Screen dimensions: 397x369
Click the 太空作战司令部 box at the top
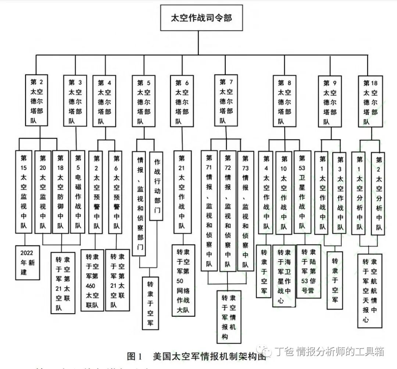click(x=201, y=18)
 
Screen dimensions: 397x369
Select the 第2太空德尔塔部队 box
click(x=36, y=100)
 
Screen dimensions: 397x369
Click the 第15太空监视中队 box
click(x=24, y=191)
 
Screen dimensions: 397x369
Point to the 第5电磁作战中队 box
click(x=78, y=191)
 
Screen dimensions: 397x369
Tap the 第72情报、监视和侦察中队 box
click(x=228, y=211)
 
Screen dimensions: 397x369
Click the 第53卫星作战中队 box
click(x=302, y=191)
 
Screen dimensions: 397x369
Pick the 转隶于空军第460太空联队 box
click(x=92, y=280)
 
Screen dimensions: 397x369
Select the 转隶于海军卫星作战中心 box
click(x=284, y=276)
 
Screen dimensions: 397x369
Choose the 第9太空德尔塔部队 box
click(x=330, y=100)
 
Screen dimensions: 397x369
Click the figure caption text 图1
click(x=134, y=356)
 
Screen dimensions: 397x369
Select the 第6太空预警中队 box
click(x=117, y=191)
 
